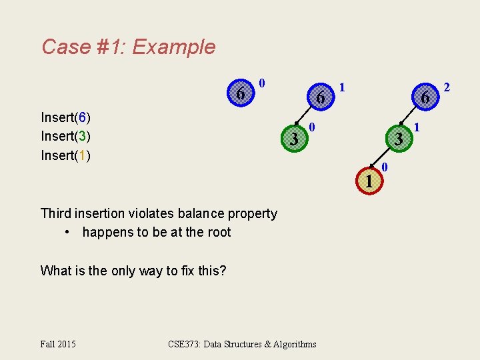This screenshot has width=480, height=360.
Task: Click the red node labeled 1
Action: pos(368,181)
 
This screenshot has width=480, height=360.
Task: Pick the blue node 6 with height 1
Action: pos(320,98)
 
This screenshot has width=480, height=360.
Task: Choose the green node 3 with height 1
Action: pos(397,139)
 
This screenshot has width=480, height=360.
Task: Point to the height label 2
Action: pos(447,87)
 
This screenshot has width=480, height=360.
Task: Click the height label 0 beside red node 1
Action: pos(385,165)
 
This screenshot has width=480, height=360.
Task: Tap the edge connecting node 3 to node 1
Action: pos(383,160)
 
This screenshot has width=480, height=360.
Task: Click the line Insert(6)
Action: pos(65,118)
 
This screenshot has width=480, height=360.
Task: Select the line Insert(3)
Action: pos(65,137)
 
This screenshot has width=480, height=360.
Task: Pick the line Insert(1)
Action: pos(65,155)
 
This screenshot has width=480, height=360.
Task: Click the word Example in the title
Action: pos(174,47)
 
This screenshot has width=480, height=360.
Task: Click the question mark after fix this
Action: pos(223,271)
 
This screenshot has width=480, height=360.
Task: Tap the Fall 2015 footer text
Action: pos(58,344)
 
